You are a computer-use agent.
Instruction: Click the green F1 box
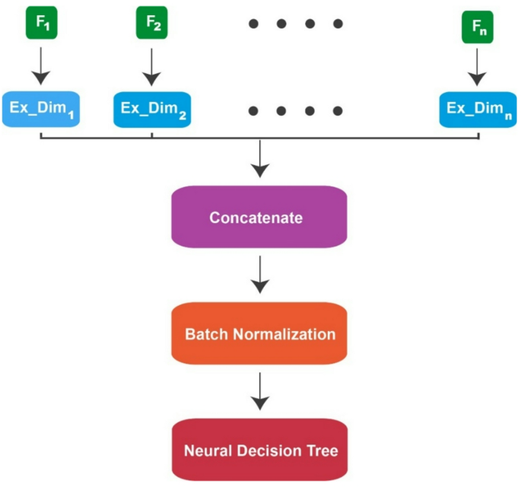[42, 24]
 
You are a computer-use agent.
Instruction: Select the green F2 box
[151, 24]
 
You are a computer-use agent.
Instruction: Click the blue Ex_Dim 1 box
[42, 110]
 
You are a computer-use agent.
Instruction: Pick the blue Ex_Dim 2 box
[151, 110]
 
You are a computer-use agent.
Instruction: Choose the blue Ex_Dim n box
[478, 110]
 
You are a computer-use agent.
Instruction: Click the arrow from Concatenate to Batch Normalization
[261, 275]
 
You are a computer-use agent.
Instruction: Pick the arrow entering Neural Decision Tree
[261, 391]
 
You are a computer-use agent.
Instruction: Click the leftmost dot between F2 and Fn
[253, 24]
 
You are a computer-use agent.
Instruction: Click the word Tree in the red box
[322, 450]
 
